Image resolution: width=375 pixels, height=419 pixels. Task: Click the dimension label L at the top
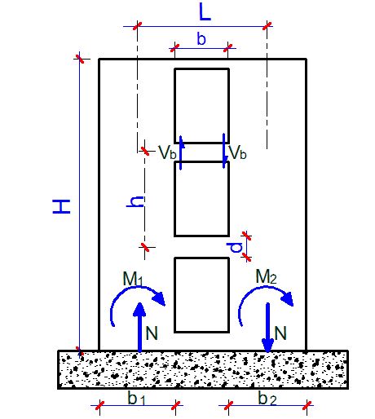coord(205,12)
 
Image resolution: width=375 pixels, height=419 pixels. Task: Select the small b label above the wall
coord(201,38)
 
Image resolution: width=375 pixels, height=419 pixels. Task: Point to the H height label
coord(61,206)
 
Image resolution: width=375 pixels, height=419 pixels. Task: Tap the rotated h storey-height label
coord(135,201)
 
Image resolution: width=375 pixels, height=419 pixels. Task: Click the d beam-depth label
coord(235,247)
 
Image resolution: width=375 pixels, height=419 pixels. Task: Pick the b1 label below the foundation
coord(137,399)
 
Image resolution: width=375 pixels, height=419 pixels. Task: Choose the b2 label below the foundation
coord(267,399)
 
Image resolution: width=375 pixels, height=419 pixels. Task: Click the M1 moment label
coord(133,279)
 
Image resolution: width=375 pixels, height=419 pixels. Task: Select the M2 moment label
coord(266,277)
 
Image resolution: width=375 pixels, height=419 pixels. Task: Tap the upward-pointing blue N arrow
coord(139,327)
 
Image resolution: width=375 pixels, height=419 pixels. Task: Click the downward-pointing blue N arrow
coord(268,328)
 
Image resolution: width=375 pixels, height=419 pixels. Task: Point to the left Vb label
coord(167,152)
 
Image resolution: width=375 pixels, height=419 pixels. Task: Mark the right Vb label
coord(238,152)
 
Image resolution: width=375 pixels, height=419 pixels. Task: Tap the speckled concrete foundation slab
coord(203,369)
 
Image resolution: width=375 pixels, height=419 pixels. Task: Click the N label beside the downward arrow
coord(280,333)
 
